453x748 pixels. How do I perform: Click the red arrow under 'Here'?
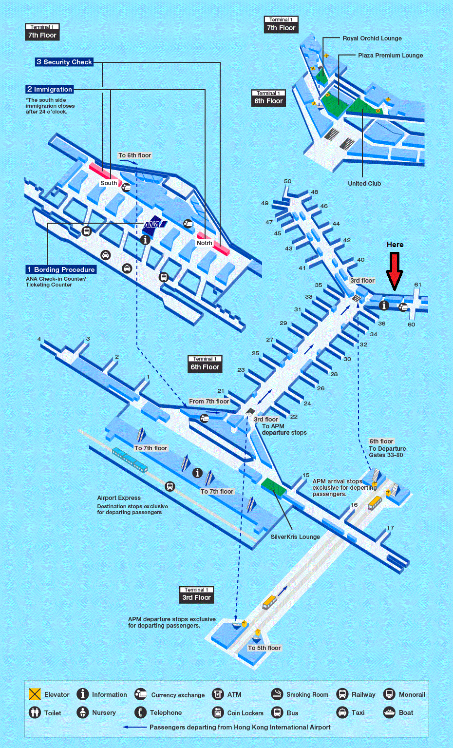(395, 271)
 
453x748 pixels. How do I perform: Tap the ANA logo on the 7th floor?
(154, 224)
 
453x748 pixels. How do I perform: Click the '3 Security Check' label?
(64, 62)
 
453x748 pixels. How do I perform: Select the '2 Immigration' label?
(49, 89)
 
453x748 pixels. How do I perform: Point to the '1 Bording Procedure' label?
(61, 269)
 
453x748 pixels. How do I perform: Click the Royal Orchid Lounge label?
(372, 38)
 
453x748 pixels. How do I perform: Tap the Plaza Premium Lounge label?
(390, 56)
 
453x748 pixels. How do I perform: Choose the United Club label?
(364, 183)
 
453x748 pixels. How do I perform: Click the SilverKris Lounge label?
(295, 537)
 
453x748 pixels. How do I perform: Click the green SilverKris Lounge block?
(274, 486)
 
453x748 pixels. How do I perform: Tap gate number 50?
(287, 181)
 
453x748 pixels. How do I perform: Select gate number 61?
(417, 285)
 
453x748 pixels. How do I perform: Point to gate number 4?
(39, 339)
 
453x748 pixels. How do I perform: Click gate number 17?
(390, 528)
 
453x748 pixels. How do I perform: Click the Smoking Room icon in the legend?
(277, 694)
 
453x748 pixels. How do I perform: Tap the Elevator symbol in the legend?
(35, 694)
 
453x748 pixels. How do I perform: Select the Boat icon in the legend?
(389, 712)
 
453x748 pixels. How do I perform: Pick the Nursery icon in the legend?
(82, 712)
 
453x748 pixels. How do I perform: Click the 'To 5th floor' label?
(264, 648)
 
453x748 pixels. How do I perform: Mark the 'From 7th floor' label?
(209, 402)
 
